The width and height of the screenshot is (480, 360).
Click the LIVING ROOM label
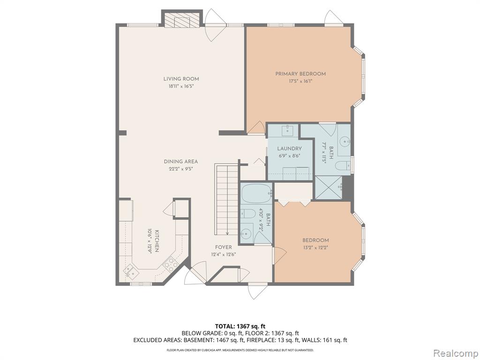(x=181, y=79)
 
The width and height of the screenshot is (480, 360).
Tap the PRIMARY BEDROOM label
(x=300, y=74)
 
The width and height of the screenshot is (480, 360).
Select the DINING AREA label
(x=180, y=162)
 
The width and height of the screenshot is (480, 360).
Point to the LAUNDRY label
(x=289, y=149)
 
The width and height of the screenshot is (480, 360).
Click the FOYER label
(x=223, y=247)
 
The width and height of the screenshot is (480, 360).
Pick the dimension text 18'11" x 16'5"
(x=181, y=86)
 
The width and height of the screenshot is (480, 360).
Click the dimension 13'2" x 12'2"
(x=315, y=247)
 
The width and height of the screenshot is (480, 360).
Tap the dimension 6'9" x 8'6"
(x=289, y=156)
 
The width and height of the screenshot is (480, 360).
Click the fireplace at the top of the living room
(x=182, y=19)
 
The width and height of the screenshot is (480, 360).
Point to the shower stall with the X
(x=329, y=187)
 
